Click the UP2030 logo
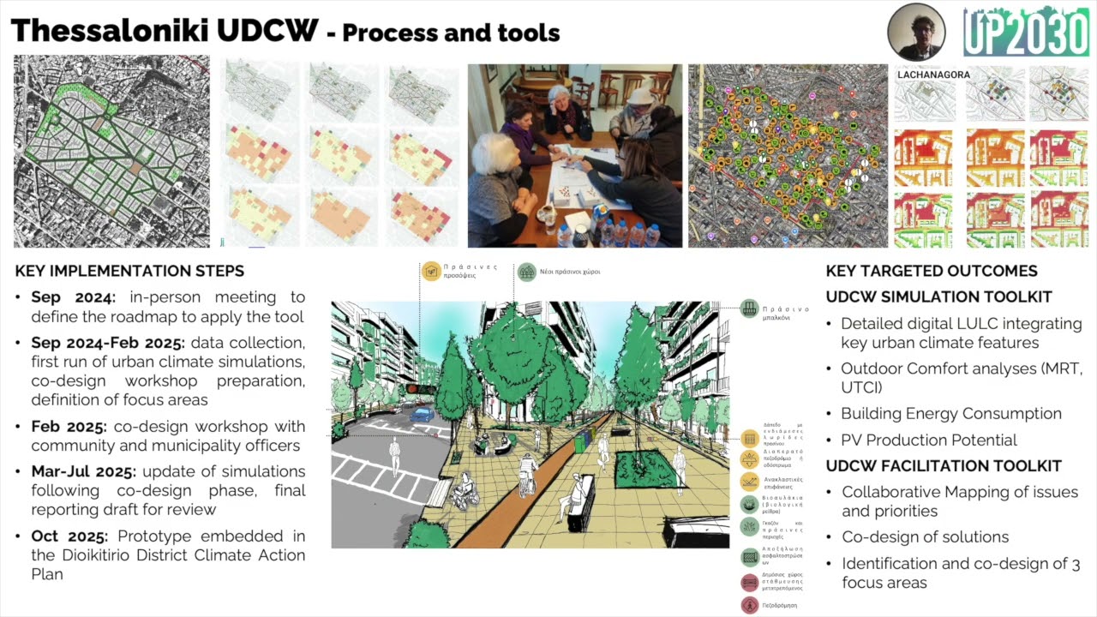1025,32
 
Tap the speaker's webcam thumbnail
916,32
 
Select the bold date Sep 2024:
73,297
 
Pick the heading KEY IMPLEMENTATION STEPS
129,271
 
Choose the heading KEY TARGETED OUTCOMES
932,271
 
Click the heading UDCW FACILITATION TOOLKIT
944,466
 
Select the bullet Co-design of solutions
925,537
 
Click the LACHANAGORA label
933,75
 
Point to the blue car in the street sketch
423,414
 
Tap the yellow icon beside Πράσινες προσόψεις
431,272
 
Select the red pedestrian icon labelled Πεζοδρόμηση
750,605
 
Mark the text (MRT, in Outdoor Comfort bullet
1063,368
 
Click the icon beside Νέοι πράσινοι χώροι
526,272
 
